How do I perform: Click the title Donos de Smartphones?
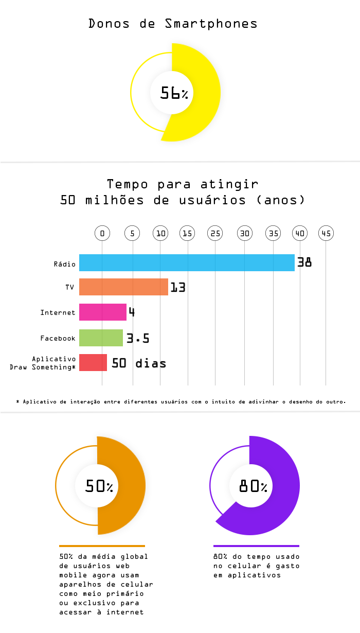tap(173, 24)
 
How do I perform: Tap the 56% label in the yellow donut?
tap(174, 93)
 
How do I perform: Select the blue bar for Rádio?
tap(187, 262)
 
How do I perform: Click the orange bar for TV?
tap(123, 287)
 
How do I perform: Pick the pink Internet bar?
tap(102, 312)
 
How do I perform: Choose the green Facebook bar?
tap(101, 338)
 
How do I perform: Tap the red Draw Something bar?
tap(93, 362)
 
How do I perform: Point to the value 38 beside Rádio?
tap(304, 262)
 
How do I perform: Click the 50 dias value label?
tap(139, 363)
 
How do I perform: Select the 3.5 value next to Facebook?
tap(138, 338)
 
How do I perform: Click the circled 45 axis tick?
tap(326, 233)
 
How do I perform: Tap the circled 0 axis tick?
tap(102, 233)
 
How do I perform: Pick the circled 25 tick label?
tap(215, 233)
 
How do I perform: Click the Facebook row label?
tap(58, 338)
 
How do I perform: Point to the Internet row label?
tap(58, 312)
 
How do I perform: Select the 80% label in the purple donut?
tap(253, 486)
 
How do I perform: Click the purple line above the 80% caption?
tap(256, 546)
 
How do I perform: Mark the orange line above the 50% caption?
tap(102, 546)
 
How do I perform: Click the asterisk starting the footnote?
tap(17, 401)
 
